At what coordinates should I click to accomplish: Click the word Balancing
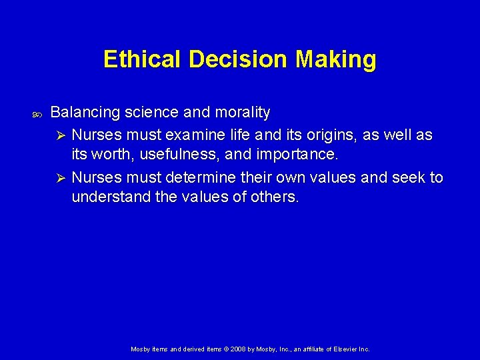click(x=84, y=112)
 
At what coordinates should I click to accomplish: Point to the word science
click(x=149, y=112)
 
